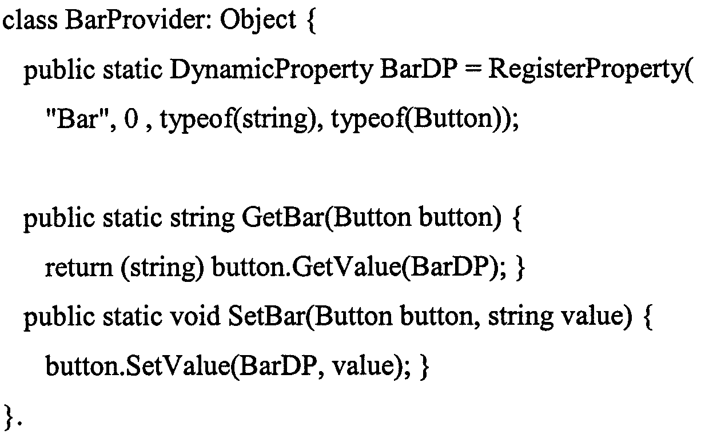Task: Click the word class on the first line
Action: tap(30, 20)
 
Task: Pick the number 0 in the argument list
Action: tap(131, 120)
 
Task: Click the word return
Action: tap(79, 268)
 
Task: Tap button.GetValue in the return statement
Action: tap(306, 268)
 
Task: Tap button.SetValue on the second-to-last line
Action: tap(138, 366)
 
